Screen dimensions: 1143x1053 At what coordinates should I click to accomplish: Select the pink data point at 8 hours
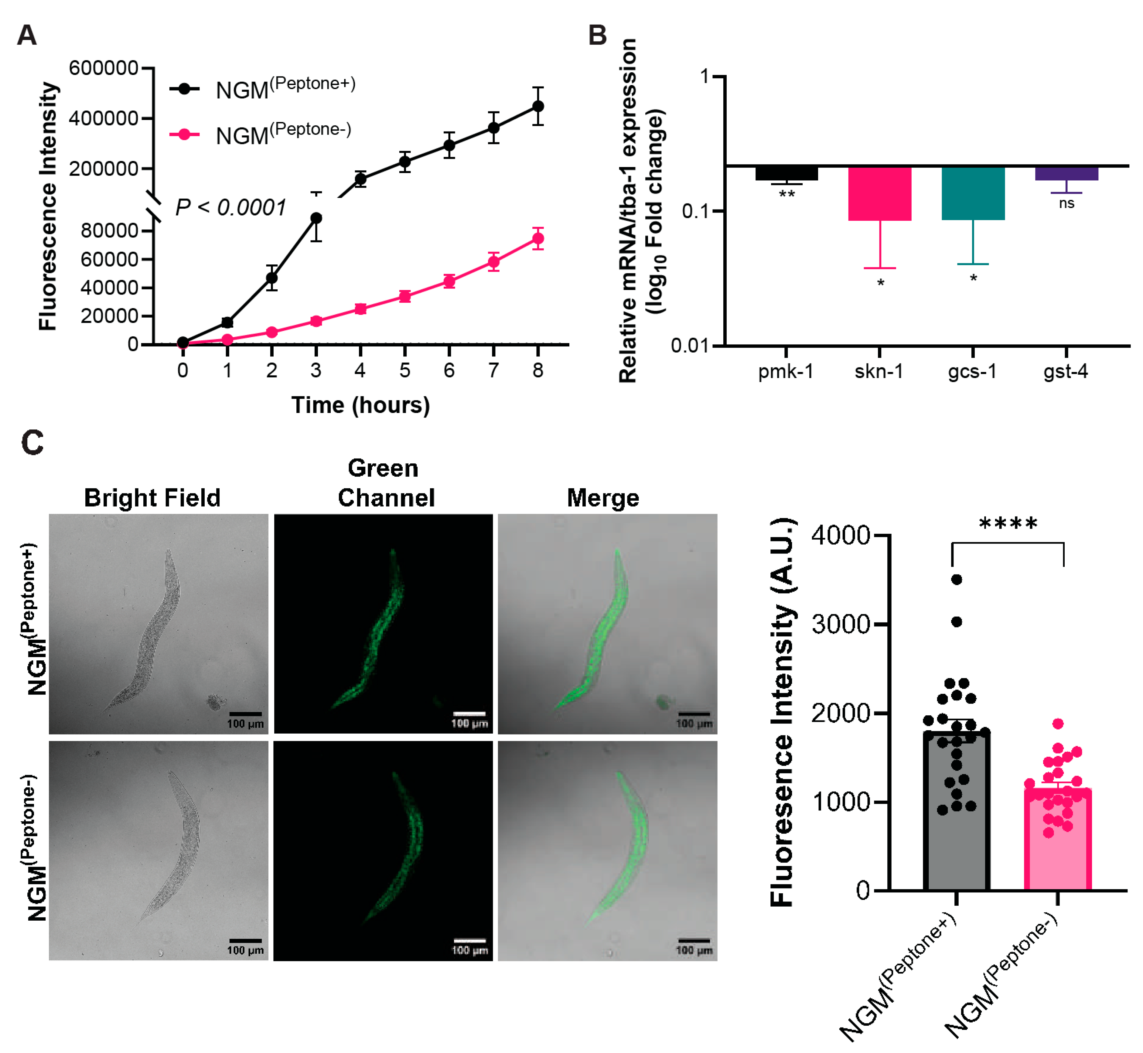click(x=537, y=239)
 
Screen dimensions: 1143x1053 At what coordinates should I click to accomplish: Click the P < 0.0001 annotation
click(x=230, y=207)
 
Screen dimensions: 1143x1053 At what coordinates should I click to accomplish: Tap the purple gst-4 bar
click(x=1066, y=173)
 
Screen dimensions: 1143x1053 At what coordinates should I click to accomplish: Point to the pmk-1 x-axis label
click(x=786, y=372)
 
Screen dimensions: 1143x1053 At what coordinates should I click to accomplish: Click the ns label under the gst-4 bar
click(x=1066, y=203)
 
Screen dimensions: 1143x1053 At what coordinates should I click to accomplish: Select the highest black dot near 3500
click(x=957, y=580)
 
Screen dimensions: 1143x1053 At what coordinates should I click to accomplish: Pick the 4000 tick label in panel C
click(x=841, y=536)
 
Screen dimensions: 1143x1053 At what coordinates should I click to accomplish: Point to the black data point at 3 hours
click(x=316, y=218)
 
